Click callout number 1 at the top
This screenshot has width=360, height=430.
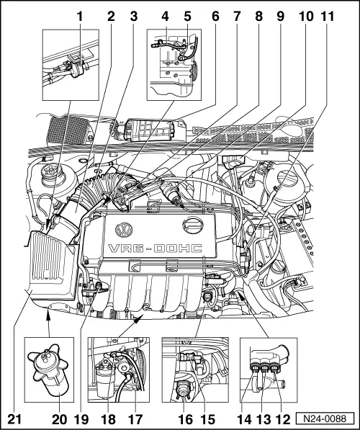tap(79, 17)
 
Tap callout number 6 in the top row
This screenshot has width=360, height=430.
tap(215, 17)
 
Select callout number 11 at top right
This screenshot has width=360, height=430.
tap(328, 17)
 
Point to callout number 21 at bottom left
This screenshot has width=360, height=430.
tap(14, 419)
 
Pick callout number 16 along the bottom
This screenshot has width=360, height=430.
tap(185, 419)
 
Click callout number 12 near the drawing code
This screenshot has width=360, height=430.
tap(283, 419)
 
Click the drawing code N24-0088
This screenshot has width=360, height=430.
tap(325, 418)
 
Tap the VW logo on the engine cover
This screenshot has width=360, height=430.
tap(124, 230)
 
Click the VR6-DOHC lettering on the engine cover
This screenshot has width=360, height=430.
tap(156, 248)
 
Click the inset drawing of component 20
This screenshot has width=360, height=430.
tap(49, 369)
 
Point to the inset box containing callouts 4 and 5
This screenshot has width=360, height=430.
tap(174, 65)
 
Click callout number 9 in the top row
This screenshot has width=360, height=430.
tap(280, 17)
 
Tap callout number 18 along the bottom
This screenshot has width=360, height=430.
tap(108, 419)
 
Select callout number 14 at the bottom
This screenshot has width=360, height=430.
tap(244, 419)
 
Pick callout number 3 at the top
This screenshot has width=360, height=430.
tap(133, 17)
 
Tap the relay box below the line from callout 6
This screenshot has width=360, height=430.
tap(149, 130)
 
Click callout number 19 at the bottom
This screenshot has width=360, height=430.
tap(81, 419)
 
